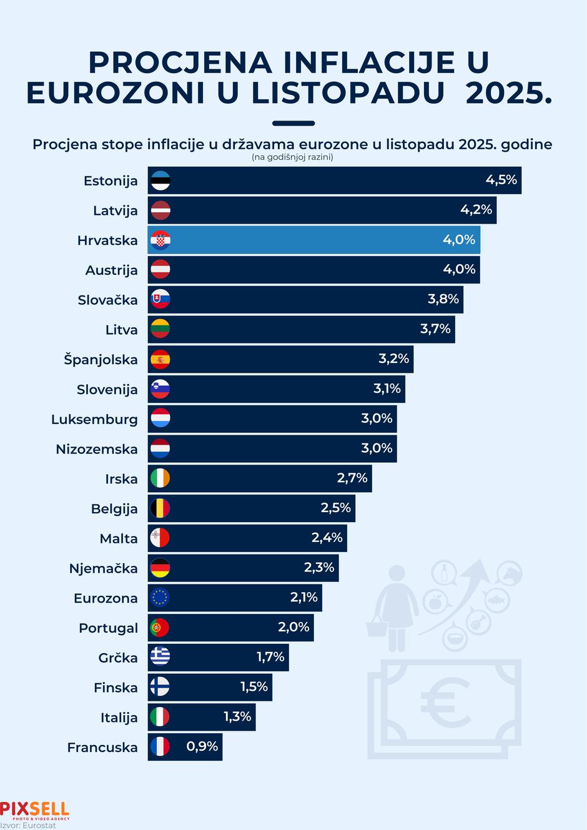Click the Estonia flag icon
point(160,181)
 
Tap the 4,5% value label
point(501,180)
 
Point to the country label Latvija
point(116,211)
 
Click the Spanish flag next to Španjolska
point(160,360)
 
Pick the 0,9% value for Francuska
point(202,746)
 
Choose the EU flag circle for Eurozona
point(160,598)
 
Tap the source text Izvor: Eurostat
point(28,826)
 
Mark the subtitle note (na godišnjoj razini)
point(292,157)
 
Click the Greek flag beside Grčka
point(160,657)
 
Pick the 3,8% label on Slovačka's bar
point(443,299)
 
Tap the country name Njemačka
point(104,569)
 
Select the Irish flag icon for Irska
point(160,479)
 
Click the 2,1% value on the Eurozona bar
point(304,598)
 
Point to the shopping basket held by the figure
point(377,625)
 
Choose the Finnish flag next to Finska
point(160,687)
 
